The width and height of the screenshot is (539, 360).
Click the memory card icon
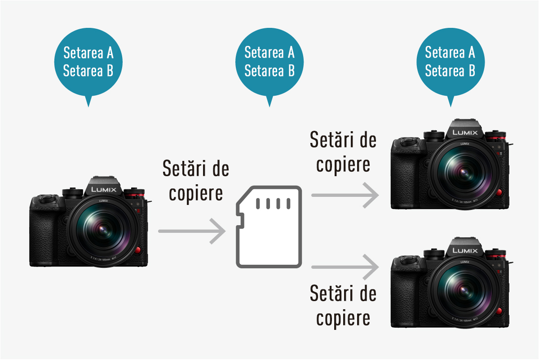pyautogui.click(x=269, y=227)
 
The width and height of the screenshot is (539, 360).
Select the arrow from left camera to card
pyautogui.click(x=192, y=231)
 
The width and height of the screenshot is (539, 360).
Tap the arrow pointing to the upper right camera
pyautogui.click(x=345, y=195)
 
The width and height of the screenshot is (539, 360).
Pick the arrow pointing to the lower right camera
pyautogui.click(x=345, y=267)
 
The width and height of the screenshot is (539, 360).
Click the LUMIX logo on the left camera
pyautogui.click(x=104, y=190)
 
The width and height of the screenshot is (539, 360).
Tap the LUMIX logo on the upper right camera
pyautogui.click(x=465, y=133)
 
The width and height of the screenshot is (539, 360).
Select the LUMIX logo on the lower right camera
pyautogui.click(x=465, y=250)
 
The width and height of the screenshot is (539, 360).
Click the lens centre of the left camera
pyautogui.click(x=103, y=229)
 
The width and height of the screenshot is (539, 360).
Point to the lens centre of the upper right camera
pyautogui.click(x=464, y=173)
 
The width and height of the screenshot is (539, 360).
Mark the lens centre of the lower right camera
pyautogui.click(x=464, y=290)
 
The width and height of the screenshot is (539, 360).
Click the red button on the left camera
pyautogui.click(x=137, y=250)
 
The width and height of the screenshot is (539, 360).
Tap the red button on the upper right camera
pyautogui.click(x=499, y=192)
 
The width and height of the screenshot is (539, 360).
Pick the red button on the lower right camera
pyautogui.click(x=499, y=311)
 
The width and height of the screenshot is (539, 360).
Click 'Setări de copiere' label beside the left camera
pyautogui.click(x=196, y=181)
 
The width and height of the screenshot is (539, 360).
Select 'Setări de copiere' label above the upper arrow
pyautogui.click(x=343, y=152)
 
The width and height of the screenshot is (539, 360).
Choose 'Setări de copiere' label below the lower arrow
pyautogui.click(x=343, y=305)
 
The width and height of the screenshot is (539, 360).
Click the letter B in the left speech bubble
pyautogui.click(x=110, y=71)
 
